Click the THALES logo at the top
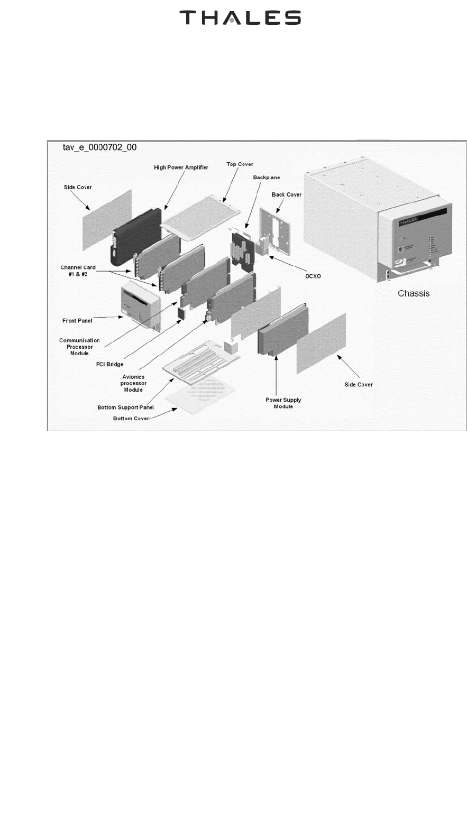[x=240, y=18]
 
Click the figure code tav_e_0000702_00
[x=99, y=147]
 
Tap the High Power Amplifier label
[x=181, y=168]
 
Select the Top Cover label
[x=240, y=164]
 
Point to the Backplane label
[x=267, y=178]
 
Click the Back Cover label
[x=287, y=194]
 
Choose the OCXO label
[x=313, y=276]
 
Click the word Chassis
[x=414, y=293]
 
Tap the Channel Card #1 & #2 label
[x=78, y=271]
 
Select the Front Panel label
[x=77, y=321]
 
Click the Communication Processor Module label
[x=79, y=347]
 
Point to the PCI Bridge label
[x=110, y=364]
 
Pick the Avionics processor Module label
[x=133, y=383]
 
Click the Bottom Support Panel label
[x=125, y=407]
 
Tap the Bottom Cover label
[x=131, y=419]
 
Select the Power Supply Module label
[x=283, y=403]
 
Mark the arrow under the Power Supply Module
[x=276, y=375]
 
